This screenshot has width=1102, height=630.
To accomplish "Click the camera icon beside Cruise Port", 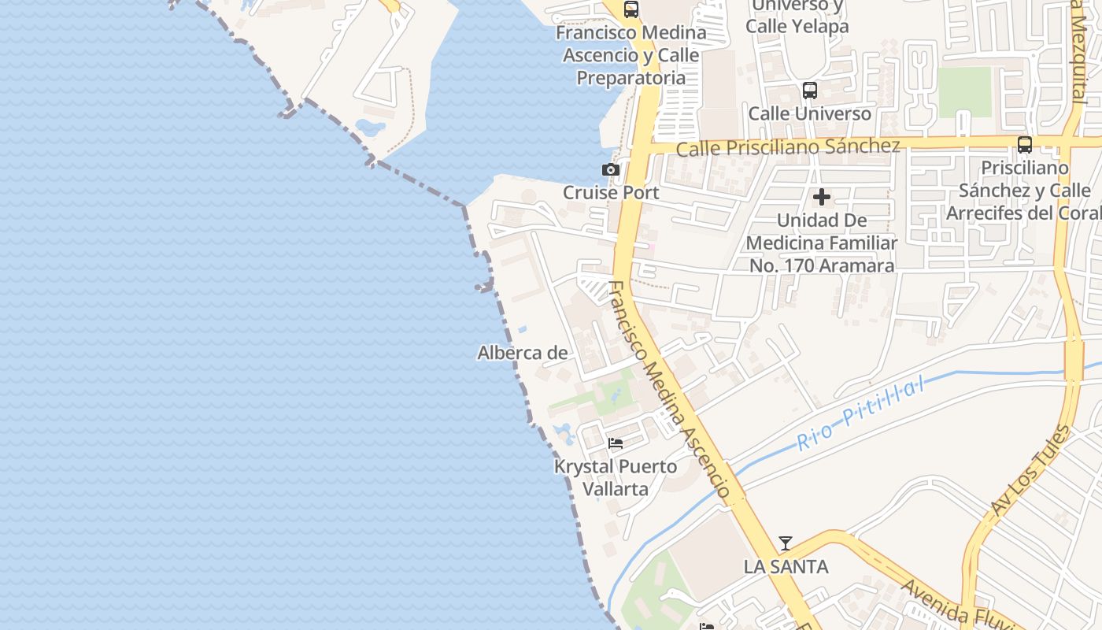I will (610, 169).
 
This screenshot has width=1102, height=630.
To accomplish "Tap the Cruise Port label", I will (611, 192).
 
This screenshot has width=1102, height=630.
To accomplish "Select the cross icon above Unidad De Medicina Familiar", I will (822, 197).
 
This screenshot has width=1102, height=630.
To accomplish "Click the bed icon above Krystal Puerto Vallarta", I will (616, 443).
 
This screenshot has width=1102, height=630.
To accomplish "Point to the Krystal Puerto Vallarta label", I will (616, 477).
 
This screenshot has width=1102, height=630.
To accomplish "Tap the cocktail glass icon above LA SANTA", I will (786, 543).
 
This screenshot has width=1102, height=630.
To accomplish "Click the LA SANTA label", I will (786, 566).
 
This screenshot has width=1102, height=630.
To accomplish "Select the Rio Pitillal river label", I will (860, 413).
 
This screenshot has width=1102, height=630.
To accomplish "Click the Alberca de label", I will (522, 353).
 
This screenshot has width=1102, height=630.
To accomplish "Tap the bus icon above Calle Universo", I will (810, 91).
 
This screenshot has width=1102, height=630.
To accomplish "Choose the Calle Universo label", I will (810, 113).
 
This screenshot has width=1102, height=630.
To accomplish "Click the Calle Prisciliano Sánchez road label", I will (788, 147).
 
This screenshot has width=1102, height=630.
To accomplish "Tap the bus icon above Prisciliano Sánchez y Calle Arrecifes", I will (1025, 145).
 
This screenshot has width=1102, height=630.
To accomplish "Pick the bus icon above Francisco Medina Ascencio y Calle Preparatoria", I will (631, 9).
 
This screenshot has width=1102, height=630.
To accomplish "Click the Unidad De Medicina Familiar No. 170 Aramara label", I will (822, 243).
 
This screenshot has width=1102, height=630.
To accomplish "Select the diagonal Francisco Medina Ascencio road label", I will (669, 388).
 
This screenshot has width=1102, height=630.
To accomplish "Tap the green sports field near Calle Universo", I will (964, 91).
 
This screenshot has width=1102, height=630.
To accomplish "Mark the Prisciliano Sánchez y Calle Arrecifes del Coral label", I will (1025, 191).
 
